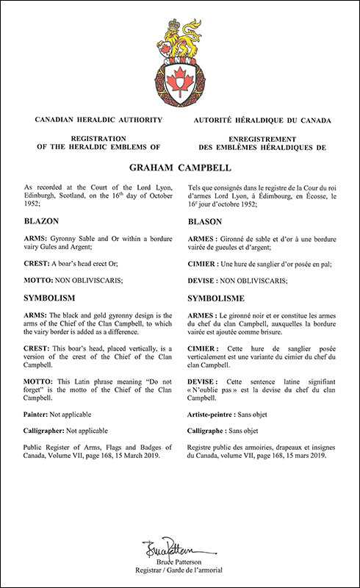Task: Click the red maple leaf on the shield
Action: pyautogui.click(x=179, y=76)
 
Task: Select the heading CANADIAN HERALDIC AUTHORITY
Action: pyautogui.click(x=93, y=119)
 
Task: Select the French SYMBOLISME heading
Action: pyautogui.click(x=220, y=300)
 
